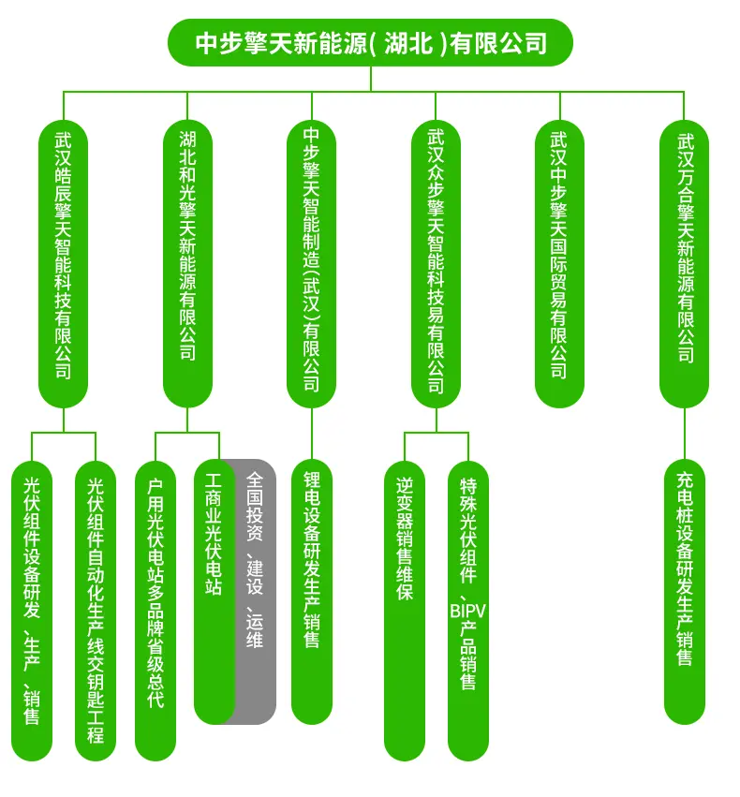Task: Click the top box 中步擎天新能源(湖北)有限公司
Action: [x=370, y=43]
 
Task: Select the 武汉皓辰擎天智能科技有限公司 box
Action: [x=63, y=263]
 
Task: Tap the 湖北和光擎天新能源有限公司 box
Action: [x=187, y=263]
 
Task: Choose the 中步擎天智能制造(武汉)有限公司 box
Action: [x=312, y=263]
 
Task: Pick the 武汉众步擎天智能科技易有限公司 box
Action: [x=436, y=263]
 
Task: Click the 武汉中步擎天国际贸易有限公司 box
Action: [x=559, y=263]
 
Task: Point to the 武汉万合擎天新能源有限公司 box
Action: [x=684, y=263]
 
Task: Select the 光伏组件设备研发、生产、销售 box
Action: [x=32, y=611]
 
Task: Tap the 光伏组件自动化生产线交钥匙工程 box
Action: [x=96, y=611]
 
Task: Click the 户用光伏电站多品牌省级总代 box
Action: [x=155, y=611]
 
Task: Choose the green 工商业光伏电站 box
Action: [x=215, y=592]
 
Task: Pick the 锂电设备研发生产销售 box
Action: [x=312, y=592]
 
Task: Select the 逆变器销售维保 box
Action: [x=405, y=611]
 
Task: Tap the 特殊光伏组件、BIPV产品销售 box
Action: [x=468, y=611]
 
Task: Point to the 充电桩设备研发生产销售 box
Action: [x=685, y=592]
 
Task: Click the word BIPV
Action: [x=468, y=611]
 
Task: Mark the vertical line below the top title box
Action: [x=371, y=79]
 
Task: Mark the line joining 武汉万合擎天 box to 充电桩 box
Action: [x=684, y=434]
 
